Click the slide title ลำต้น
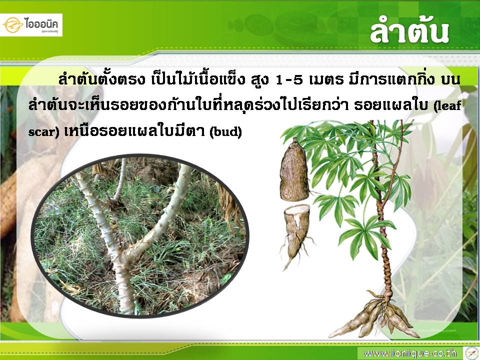point(409,32)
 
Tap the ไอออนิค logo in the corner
point(31,25)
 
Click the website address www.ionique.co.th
point(410,353)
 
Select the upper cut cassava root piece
point(294,170)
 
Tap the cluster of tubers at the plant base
point(377,317)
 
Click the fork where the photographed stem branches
point(123,256)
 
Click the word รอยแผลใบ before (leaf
point(392,105)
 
